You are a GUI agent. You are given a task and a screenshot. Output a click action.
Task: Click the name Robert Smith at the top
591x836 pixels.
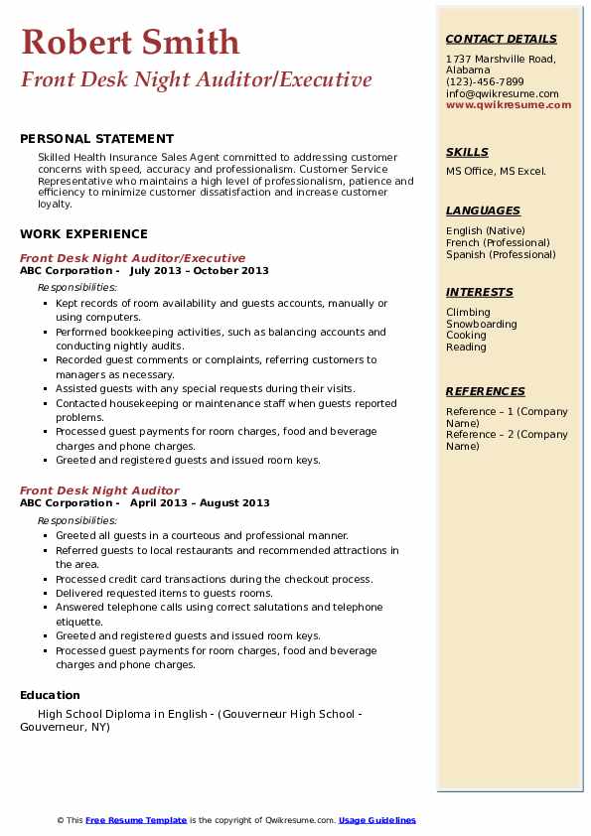(130, 42)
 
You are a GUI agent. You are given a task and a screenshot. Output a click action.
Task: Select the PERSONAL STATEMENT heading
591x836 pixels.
(96, 139)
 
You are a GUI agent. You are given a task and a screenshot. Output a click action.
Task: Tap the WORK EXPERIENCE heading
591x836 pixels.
(83, 234)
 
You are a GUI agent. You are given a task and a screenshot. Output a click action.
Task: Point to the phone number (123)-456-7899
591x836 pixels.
(485, 82)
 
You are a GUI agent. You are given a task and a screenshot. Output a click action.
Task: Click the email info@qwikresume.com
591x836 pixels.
(502, 94)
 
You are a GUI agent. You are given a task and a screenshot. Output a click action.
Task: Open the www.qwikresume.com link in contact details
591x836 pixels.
(509, 104)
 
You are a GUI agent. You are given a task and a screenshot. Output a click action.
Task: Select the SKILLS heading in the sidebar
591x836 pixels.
(467, 153)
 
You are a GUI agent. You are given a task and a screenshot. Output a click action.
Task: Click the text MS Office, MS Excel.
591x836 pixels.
(496, 172)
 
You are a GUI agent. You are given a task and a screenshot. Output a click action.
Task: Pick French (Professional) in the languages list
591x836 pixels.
(498, 243)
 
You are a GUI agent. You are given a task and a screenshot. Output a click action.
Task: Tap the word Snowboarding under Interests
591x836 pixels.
(481, 325)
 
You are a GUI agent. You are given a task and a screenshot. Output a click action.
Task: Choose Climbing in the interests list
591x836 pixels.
(468, 313)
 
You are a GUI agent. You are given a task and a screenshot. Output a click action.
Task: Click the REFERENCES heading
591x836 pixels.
(485, 391)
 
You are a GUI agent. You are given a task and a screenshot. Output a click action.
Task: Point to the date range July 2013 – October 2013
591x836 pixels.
(200, 271)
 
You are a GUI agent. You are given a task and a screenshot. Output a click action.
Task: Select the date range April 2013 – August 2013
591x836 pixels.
(200, 503)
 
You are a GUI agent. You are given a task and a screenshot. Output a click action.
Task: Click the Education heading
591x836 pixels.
(50, 695)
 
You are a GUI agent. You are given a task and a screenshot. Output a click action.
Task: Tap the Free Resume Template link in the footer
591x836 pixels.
(136, 820)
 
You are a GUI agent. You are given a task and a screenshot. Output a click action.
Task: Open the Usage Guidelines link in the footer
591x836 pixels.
(376, 820)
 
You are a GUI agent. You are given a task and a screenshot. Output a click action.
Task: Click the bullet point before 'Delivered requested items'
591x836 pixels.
(46, 594)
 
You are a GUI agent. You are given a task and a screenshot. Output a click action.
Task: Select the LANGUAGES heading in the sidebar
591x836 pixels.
(483, 210)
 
